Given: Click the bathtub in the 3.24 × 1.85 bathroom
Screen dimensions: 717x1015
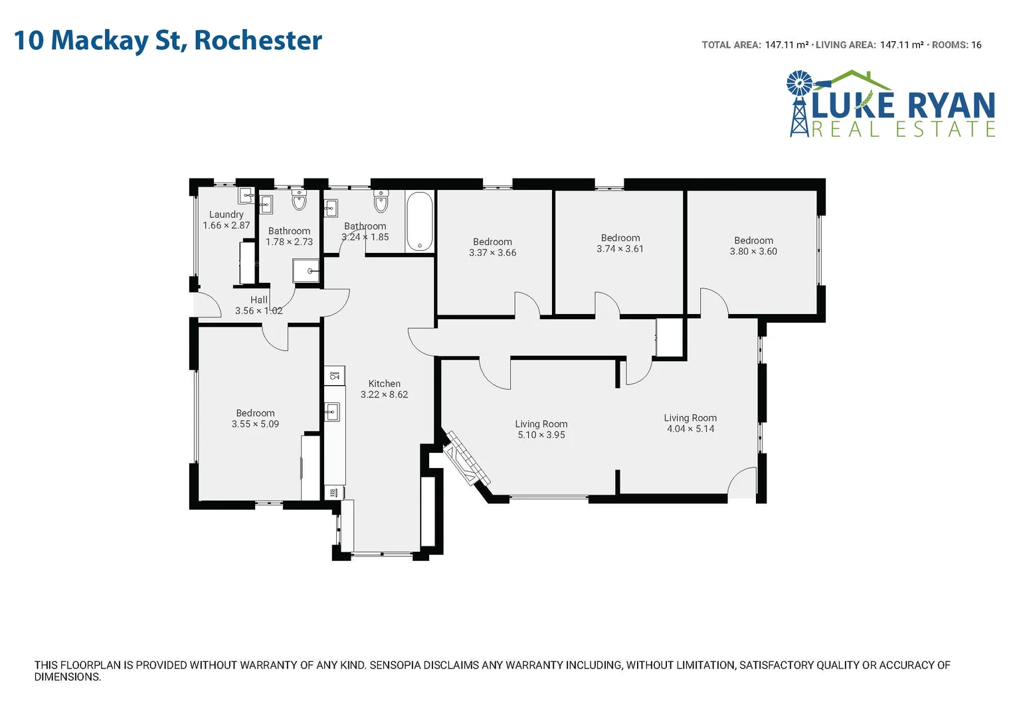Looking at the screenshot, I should coord(419,222).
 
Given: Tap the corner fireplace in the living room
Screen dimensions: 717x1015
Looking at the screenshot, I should coord(468,459).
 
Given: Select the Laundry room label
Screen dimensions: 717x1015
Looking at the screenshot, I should coord(226,214).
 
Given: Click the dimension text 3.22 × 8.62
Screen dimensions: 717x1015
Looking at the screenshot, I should coord(384,394).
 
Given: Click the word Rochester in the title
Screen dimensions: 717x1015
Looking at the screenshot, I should coord(258,40).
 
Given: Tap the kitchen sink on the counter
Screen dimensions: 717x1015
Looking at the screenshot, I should coord(332,412).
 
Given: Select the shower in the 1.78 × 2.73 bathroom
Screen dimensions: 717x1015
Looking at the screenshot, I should coord(307,271).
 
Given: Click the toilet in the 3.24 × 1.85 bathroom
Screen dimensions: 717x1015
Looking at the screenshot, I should coord(381,201).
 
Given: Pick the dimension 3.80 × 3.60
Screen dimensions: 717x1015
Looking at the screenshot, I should coord(753,252).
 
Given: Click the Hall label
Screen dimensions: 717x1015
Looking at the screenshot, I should coord(259,300).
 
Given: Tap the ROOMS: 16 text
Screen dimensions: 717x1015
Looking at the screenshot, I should coord(957,45).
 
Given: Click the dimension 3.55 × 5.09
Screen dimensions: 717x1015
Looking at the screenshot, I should coord(255,424).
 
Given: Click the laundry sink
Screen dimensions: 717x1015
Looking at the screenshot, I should coord(246,196).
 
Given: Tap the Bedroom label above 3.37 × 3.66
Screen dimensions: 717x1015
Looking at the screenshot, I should coord(492,242).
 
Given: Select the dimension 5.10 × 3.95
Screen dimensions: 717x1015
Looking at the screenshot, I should coord(541,435).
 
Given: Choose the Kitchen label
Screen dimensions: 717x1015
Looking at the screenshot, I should coord(384,384).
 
